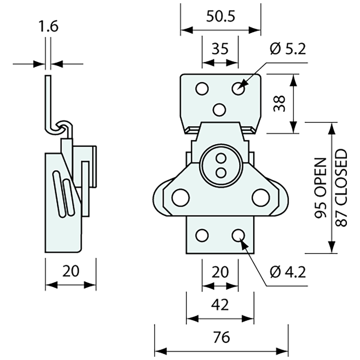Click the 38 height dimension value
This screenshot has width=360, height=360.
coord(279,103)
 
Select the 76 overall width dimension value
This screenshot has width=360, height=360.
coord(221,337)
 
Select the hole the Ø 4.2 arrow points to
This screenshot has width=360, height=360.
coord(238,235)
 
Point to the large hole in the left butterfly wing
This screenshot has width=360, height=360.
coord(180,197)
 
